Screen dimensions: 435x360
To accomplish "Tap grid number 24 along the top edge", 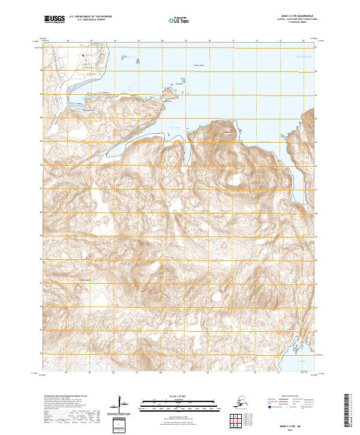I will click(67, 41).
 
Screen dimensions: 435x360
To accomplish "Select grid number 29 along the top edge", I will click(185, 41).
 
